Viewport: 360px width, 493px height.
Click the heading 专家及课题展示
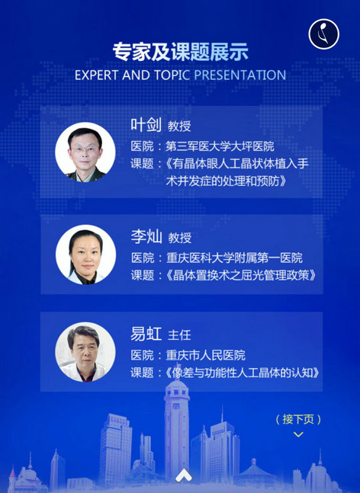180,52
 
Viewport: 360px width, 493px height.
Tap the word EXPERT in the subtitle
96,75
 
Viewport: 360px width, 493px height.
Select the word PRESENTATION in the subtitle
240,75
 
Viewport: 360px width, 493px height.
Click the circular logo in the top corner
324,34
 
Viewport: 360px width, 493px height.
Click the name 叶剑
146,125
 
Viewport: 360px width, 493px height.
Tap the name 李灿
146,236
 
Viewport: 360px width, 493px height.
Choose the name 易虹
146,334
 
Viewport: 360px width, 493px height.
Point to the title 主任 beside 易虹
179,335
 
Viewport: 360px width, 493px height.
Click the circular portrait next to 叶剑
85,152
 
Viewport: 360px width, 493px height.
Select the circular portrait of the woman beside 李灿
85,255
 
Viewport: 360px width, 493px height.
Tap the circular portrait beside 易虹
85,352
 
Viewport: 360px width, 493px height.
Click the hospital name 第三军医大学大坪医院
220,146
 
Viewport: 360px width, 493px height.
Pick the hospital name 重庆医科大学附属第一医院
234,258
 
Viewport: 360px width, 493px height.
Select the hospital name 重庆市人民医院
205,356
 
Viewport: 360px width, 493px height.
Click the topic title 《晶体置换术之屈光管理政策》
241,275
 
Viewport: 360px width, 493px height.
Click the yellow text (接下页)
298,419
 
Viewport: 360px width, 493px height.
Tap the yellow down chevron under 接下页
298,434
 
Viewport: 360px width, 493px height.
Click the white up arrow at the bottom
184,475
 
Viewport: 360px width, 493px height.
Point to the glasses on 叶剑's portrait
85,149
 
